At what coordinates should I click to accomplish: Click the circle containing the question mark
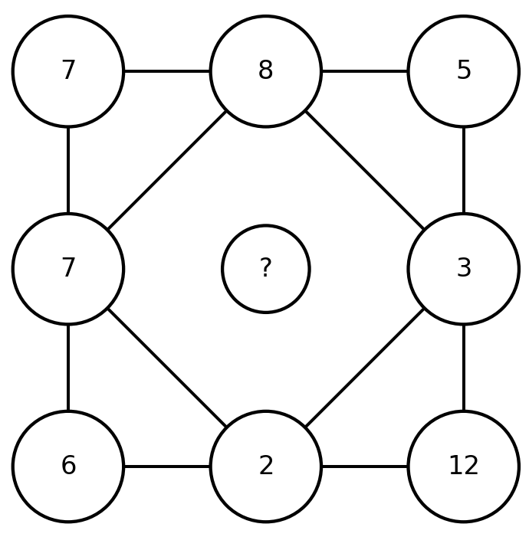coord(266,269)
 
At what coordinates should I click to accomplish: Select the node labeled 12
coord(464,466)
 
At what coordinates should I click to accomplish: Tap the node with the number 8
coord(266,71)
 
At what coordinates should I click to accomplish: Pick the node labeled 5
coord(464,71)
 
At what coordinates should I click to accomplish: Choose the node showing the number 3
coord(464,269)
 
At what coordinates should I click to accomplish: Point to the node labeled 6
coord(68,466)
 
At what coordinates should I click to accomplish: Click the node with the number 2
coord(266,466)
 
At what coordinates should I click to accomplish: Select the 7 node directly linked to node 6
coord(68,269)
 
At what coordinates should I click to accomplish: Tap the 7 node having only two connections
coord(68,71)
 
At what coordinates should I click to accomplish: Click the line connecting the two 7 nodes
coord(68,170)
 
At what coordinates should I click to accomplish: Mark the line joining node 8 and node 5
coord(365,71)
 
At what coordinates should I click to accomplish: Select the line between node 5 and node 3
coord(464,170)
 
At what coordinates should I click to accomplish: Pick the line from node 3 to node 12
coord(464,368)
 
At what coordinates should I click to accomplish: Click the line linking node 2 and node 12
coord(365,466)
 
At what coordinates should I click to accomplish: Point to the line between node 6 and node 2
coord(167,466)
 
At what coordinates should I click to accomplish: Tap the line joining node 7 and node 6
coord(68,368)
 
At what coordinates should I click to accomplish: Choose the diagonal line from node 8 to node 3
coord(365,170)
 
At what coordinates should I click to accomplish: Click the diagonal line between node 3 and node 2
coord(365,368)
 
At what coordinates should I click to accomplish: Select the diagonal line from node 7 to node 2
coord(167,368)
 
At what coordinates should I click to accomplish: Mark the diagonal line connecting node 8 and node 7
coord(167,170)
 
